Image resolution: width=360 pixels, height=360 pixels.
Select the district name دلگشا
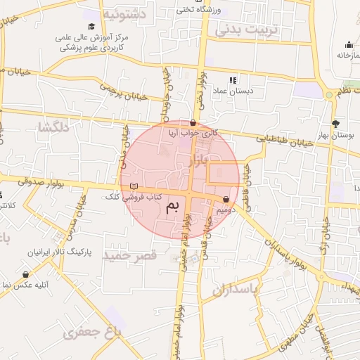(x=53, y=127)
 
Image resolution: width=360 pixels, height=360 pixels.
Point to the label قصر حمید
(x=129, y=255)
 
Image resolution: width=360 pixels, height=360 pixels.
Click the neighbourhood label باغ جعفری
(x=92, y=331)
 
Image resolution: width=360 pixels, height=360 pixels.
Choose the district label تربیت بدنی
(x=247, y=30)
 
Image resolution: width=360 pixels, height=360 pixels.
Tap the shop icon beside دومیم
(x=226, y=199)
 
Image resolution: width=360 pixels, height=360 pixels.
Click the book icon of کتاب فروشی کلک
(x=134, y=186)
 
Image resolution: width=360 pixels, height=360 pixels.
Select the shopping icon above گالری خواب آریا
(x=193, y=122)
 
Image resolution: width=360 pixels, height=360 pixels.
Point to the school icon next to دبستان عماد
(x=233, y=80)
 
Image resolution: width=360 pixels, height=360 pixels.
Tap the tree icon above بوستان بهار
(x=336, y=122)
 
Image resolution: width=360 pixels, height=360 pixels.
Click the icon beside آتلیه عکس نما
(x=26, y=275)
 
